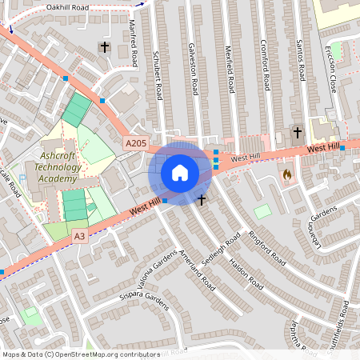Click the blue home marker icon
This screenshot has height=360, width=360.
tap(180, 173)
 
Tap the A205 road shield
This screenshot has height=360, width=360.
tap(136, 143)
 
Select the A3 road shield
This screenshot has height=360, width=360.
tap(79, 236)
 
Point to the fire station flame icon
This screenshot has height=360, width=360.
tap(287, 173)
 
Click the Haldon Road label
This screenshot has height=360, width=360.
tap(247, 272)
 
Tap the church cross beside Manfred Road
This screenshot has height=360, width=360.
tap(105, 47)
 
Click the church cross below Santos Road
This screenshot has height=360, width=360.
tap(298, 132)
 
